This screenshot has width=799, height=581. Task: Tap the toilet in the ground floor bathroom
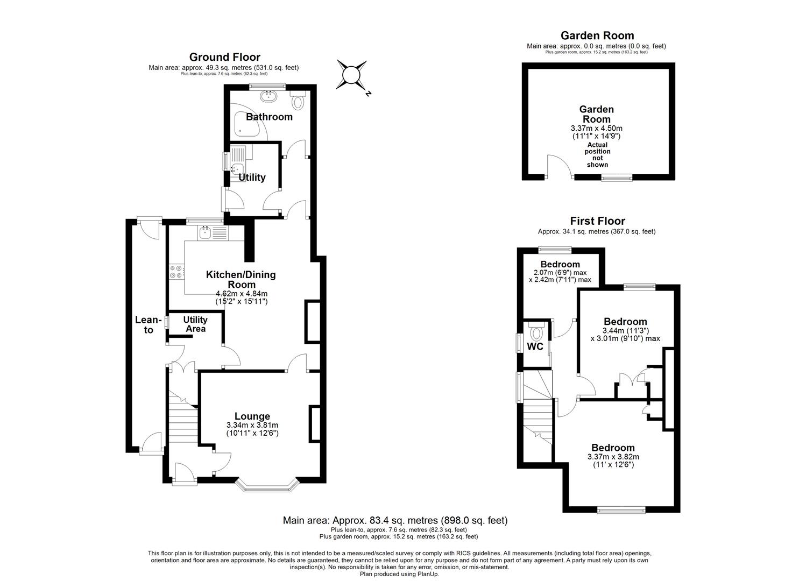(298, 101)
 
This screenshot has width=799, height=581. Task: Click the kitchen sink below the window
(205, 232)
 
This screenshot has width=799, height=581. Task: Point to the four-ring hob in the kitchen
(176, 272)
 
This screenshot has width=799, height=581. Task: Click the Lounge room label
(252, 416)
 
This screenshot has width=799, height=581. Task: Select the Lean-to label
(148, 325)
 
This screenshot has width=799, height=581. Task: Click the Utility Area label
(195, 324)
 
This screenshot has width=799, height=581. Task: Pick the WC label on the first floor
(535, 346)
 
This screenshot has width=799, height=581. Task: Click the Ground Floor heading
(224, 57)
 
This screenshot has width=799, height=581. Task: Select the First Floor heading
(597, 221)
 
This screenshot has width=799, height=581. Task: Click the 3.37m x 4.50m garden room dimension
(597, 129)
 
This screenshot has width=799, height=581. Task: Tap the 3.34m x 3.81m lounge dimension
(252, 425)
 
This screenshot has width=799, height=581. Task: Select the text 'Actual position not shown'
(597, 154)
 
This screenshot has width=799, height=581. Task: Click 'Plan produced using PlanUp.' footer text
(399, 574)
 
